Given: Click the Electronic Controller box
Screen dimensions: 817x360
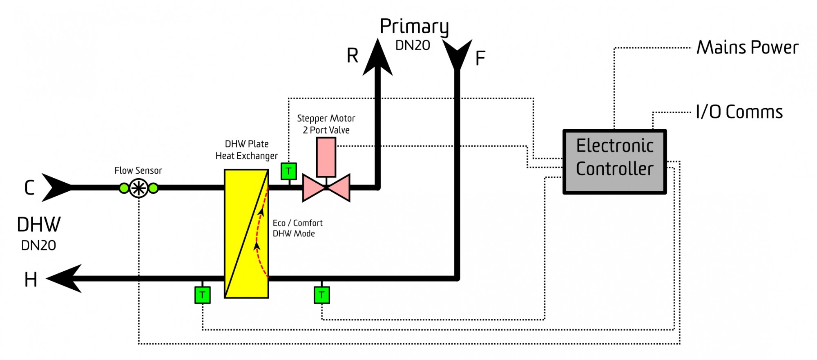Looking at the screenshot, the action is tap(614, 161).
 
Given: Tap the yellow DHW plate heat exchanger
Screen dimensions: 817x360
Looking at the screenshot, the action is tap(246, 234).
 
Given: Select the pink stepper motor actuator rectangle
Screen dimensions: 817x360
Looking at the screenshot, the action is tap(326, 157).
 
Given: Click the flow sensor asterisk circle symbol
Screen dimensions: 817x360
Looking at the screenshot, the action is tap(138, 188).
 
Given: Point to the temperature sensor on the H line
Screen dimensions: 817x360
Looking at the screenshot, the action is tap(203, 295).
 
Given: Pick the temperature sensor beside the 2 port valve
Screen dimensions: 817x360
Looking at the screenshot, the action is tap(289, 171).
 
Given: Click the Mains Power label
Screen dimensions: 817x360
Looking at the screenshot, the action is tap(747, 47).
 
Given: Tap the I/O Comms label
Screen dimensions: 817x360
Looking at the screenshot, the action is tap(739, 112).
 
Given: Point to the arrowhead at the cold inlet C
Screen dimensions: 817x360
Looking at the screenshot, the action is tap(57, 188).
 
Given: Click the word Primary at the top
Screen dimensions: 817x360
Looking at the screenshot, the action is tap(414, 27).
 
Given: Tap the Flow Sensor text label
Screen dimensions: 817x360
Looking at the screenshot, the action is tap(138, 170).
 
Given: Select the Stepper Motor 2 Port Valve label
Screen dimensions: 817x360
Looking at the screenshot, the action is tap(326, 124).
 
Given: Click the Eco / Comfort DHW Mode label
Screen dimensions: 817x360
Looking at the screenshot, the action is tap(298, 228).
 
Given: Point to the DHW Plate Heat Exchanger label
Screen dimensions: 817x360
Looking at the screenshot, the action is tap(247, 150).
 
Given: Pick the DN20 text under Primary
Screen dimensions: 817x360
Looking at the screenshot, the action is tap(413, 45).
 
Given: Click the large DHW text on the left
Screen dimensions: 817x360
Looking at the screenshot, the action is tap(39, 225).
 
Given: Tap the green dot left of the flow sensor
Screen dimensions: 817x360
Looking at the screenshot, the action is tap(124, 188).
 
